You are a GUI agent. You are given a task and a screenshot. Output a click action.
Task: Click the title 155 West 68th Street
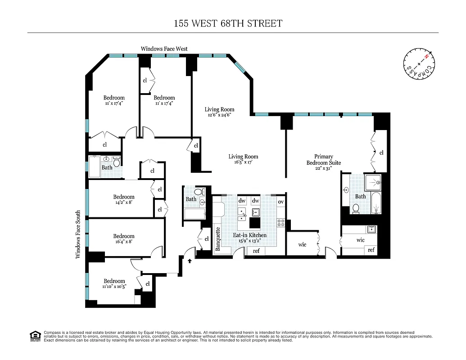point(228,23)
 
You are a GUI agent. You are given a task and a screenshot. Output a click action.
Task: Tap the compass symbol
point(419,63)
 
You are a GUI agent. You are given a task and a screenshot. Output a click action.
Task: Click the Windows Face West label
point(164,49)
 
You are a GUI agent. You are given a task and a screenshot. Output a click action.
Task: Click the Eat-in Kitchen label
point(249,235)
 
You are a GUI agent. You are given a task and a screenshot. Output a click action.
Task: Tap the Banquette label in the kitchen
point(218,238)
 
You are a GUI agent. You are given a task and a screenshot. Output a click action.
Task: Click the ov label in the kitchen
point(281,201)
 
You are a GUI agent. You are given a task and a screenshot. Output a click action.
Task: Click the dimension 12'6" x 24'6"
point(219,115)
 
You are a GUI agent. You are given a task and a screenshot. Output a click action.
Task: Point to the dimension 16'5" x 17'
point(243,162)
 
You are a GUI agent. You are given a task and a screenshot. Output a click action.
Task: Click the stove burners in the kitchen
point(281,221)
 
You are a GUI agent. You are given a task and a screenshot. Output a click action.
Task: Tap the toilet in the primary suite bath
point(356,208)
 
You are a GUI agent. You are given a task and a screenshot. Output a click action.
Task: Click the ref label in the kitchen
point(256,251)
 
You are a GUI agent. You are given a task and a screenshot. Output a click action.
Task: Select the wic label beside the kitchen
point(302,244)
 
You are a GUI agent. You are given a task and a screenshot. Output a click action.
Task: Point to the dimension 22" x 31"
point(323,168)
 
